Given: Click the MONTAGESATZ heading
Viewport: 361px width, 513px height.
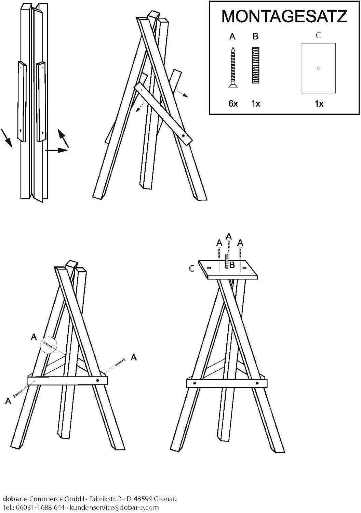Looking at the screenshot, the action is [x=284, y=16].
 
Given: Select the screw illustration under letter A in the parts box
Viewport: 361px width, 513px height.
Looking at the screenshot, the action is [x=233, y=67].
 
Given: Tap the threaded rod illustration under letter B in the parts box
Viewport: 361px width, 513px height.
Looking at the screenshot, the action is [x=255, y=65].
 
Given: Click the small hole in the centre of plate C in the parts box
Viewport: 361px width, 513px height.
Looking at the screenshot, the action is [x=319, y=68].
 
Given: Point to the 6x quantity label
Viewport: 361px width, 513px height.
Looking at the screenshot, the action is [x=233, y=104].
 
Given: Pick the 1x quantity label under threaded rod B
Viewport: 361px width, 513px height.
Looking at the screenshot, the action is [x=256, y=104].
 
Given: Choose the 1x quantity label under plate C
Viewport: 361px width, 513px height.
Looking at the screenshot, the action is [x=319, y=104].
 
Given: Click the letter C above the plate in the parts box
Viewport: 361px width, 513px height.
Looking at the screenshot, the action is [x=318, y=35].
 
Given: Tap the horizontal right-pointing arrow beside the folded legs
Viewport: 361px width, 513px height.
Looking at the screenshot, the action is [x=57, y=150].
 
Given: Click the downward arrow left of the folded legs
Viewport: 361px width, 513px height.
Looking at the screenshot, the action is [x=6, y=137].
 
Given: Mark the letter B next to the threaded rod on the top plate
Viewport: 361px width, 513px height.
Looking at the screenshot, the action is [x=232, y=265].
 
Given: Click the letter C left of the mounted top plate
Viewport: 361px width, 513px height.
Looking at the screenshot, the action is [x=192, y=268].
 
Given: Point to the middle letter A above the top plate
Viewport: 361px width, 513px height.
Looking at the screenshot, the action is [x=228, y=236].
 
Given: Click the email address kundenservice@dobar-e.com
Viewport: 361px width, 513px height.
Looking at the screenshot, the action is [x=114, y=507].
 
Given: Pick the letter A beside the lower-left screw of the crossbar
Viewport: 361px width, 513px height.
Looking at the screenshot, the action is [x=8, y=401].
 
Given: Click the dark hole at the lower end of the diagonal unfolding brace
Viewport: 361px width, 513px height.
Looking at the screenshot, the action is [x=183, y=136].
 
